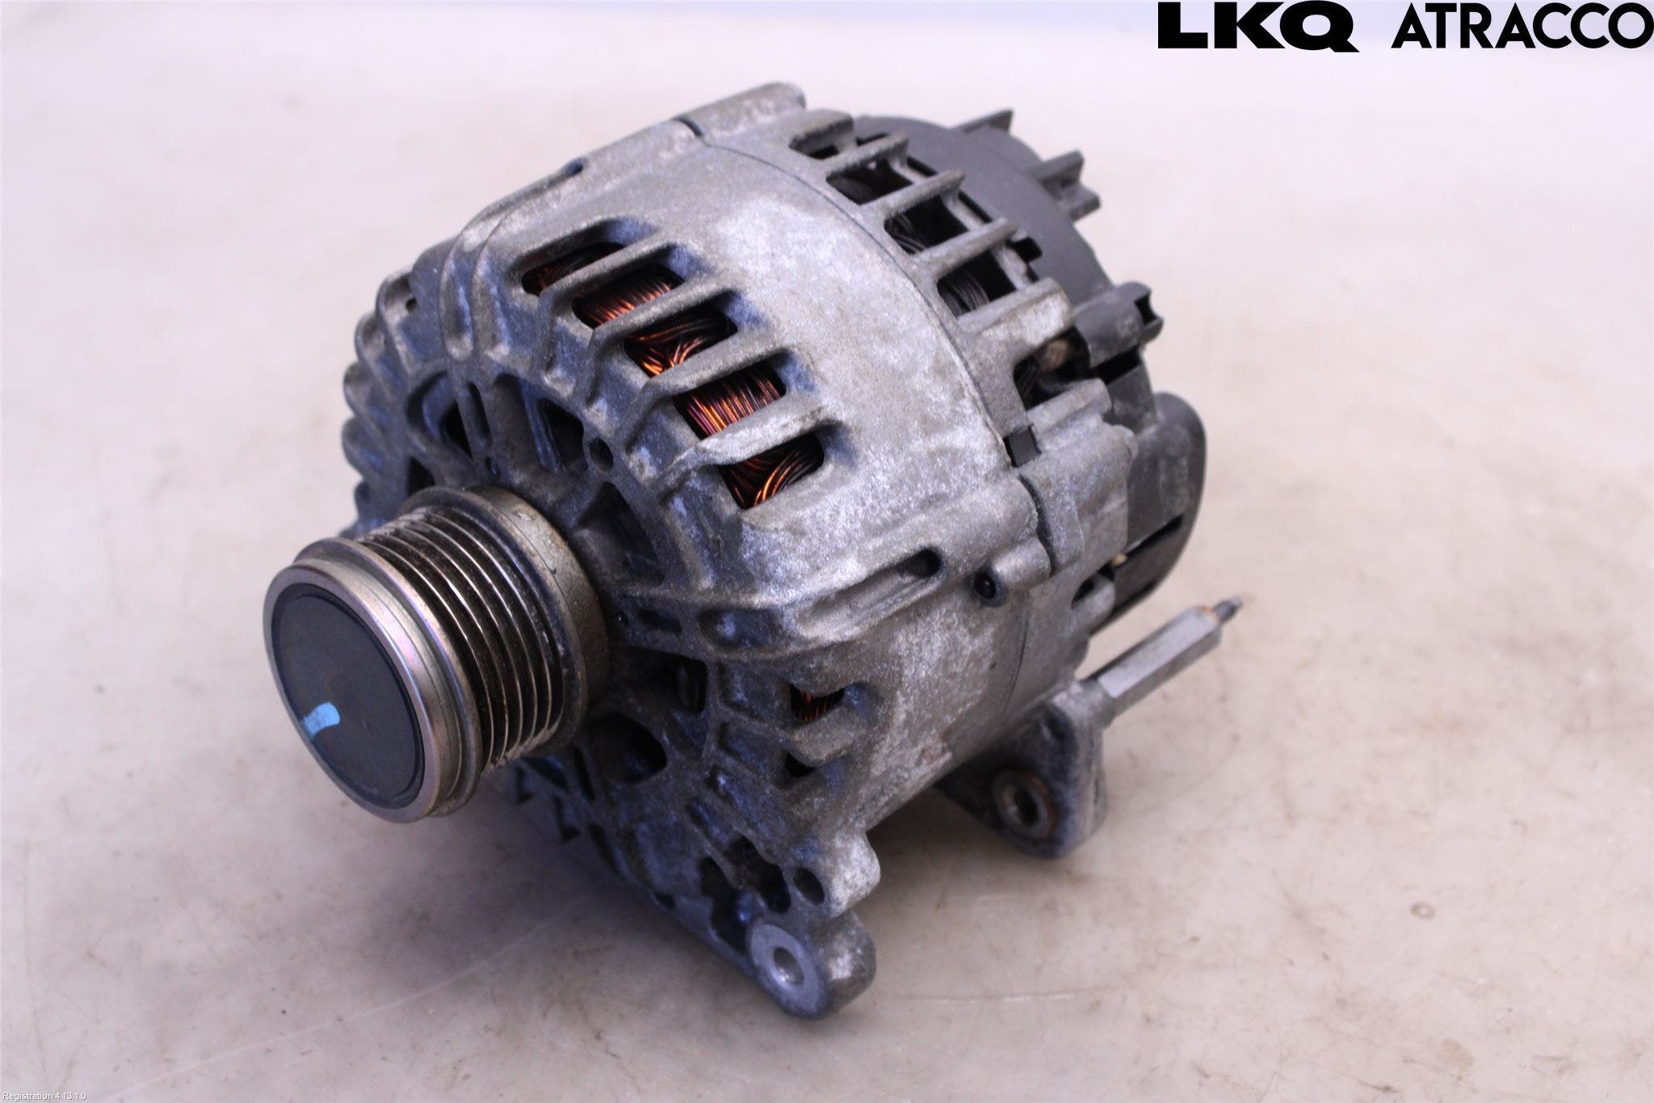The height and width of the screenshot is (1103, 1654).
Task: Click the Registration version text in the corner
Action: pos(44,1096)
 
